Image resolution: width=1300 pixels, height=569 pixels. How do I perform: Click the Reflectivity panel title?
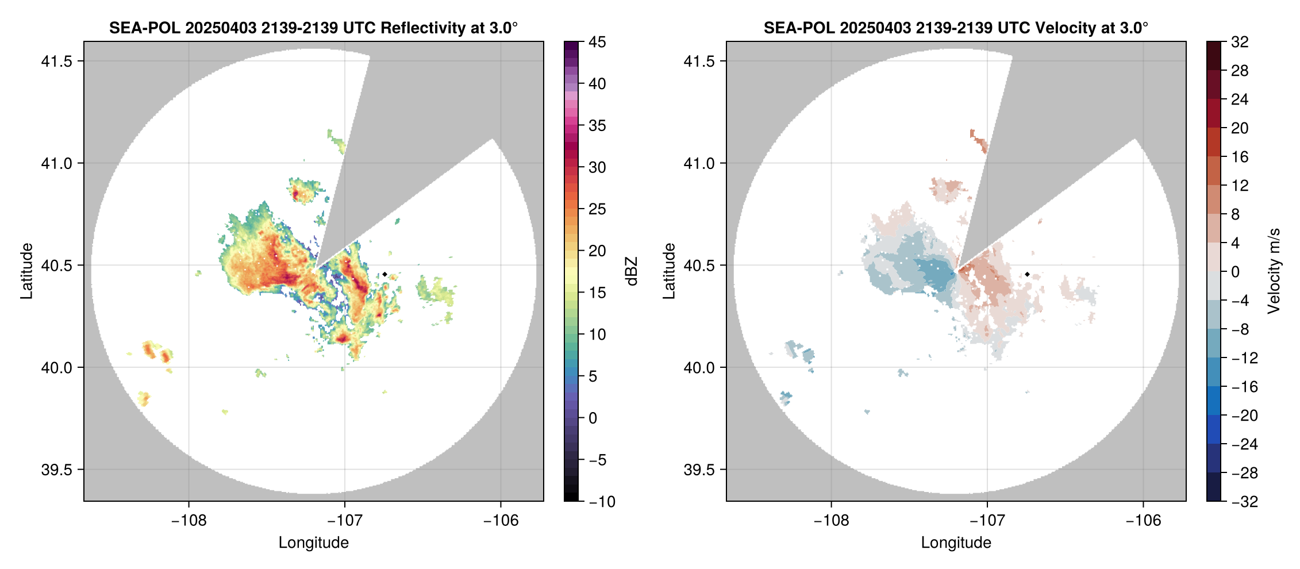[313, 28]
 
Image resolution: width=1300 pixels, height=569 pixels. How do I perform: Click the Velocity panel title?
[956, 28]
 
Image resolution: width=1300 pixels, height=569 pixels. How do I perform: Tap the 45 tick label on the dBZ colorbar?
[597, 42]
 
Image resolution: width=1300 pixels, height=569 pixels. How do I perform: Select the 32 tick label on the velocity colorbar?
[1240, 42]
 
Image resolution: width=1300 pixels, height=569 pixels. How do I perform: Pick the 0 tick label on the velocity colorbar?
[1235, 272]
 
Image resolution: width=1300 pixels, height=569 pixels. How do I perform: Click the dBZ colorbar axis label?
[632, 271]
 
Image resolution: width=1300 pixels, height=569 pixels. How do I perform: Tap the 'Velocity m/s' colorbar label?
[1274, 271]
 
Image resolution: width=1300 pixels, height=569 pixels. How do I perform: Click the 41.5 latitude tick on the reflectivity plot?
[56, 61]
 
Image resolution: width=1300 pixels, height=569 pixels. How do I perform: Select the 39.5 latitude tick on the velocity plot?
[699, 470]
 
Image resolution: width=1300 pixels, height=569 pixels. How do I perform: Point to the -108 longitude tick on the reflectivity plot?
[189, 521]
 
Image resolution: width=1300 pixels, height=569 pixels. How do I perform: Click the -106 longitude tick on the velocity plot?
[1143, 521]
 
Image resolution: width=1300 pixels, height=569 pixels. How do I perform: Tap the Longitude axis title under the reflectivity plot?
[313, 543]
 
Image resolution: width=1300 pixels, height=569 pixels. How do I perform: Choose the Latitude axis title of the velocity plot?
[669, 271]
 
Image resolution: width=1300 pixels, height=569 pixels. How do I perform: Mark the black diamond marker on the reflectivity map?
[384, 274]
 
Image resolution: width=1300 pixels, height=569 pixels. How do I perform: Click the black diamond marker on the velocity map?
[1027, 274]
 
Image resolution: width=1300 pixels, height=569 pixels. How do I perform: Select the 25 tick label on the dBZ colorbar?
[597, 209]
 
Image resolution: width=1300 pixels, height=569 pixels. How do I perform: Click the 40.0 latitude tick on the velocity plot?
[699, 367]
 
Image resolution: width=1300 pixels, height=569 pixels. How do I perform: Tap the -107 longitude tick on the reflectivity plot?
[345, 521]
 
